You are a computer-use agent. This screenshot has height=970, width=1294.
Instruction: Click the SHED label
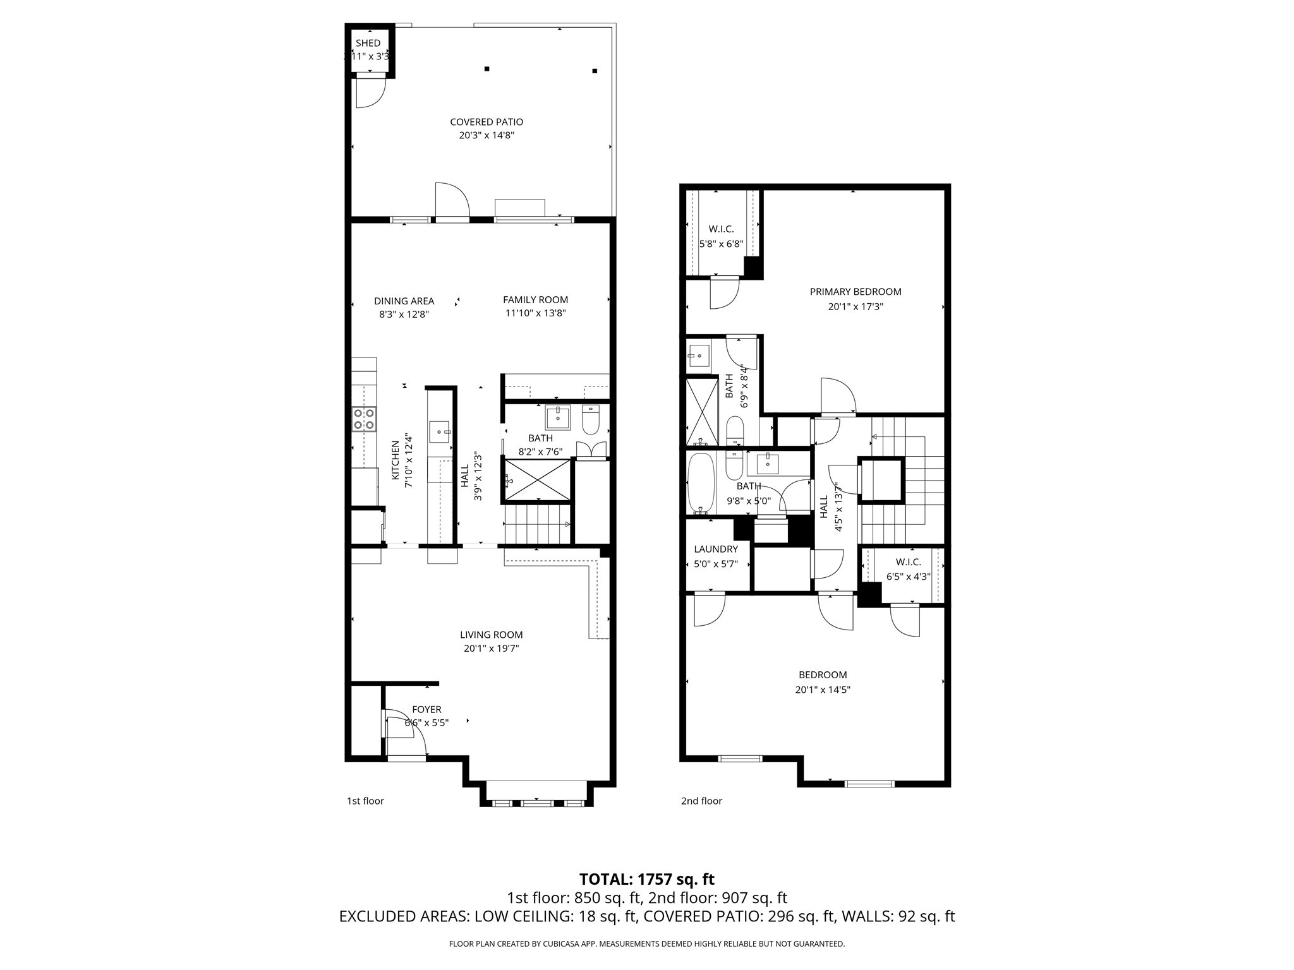(x=368, y=43)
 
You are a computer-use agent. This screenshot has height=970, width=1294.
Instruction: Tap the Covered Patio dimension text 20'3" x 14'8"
(x=487, y=135)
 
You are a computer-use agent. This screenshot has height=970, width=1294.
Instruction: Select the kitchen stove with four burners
(x=364, y=419)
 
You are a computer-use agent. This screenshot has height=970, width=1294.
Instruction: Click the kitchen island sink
(x=439, y=432)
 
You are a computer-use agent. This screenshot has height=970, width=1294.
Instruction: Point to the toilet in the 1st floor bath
(x=590, y=421)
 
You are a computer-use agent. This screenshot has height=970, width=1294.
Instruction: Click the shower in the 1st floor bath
(x=537, y=481)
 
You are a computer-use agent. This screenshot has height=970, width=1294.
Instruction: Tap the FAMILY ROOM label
(x=535, y=300)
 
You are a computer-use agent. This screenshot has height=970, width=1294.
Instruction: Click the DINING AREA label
(x=404, y=301)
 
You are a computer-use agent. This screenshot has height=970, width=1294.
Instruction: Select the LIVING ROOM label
(x=491, y=635)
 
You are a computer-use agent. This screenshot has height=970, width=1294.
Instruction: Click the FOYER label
(x=426, y=710)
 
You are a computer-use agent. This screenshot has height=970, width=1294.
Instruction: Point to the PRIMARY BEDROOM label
(x=856, y=292)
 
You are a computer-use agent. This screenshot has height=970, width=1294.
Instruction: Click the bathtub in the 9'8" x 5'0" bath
(x=701, y=483)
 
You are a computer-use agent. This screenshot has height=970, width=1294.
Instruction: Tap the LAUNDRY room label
(x=715, y=549)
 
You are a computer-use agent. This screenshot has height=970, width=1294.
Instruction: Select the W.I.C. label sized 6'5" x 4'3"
(x=908, y=562)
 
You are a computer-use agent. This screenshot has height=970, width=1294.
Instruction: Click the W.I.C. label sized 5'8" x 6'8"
(x=721, y=229)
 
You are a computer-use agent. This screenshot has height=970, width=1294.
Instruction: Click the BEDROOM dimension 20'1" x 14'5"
(x=823, y=690)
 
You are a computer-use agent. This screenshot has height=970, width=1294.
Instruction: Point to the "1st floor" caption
(x=365, y=801)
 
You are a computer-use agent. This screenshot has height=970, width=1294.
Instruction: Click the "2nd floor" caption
(x=701, y=801)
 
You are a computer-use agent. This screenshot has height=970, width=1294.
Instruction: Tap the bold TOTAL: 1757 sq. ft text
(x=647, y=879)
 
